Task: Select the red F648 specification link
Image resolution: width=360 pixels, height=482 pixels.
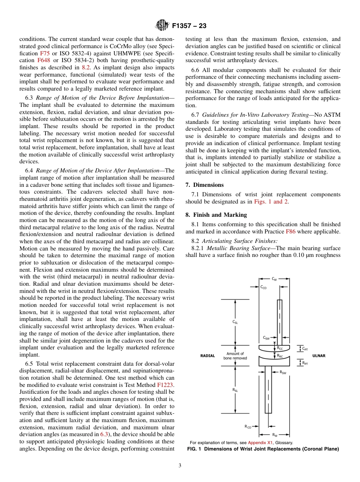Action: pyautogui.click(x=43, y=60)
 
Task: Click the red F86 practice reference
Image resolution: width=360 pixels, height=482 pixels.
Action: pyautogui.click(x=291, y=232)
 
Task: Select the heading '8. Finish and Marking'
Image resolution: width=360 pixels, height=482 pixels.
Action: pyautogui.click(x=216, y=215)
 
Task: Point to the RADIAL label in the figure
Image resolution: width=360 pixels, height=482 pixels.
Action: pyautogui.click(x=207, y=356)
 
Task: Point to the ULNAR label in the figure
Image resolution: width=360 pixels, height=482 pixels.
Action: pyautogui.click(x=319, y=356)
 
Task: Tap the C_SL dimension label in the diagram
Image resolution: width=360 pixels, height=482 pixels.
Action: pyautogui.click(x=235, y=322)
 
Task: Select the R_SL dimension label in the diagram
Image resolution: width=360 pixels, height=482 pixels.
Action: pyautogui.click(x=235, y=390)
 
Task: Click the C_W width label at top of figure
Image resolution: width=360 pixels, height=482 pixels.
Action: pyautogui.click(x=274, y=279)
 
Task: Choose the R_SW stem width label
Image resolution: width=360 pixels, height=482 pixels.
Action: pyautogui.click(x=283, y=373)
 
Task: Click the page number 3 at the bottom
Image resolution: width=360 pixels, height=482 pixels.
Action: pyautogui.click(x=180, y=466)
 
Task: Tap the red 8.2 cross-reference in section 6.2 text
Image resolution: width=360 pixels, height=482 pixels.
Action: pyautogui.click(x=86, y=67)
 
